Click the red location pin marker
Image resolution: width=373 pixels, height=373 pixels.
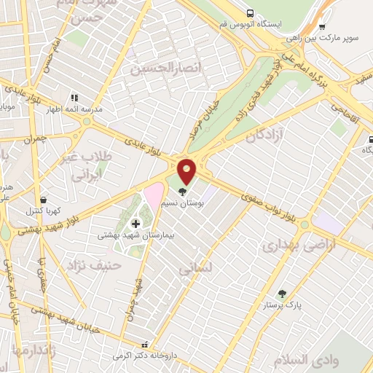pyautogui.click(x=187, y=170)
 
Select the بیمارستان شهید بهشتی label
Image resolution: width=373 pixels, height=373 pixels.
pyautogui.click(x=130, y=236)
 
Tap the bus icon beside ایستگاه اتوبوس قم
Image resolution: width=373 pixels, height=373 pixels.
pyautogui.click(x=250, y=13)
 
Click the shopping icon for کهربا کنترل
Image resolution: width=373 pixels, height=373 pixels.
pyautogui.click(x=45, y=199)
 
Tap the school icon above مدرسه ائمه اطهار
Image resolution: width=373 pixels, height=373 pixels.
pyautogui.click(x=73, y=97)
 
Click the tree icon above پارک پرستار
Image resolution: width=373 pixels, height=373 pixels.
pyautogui.click(x=282, y=294)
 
